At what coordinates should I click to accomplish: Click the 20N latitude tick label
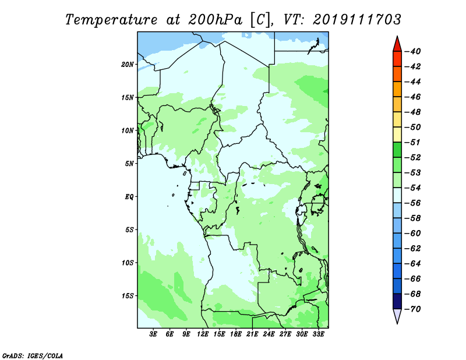pos(128,65)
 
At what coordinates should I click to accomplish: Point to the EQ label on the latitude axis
pos(129,197)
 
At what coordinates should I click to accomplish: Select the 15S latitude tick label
pos(128,296)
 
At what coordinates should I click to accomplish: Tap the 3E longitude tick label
pos(153,334)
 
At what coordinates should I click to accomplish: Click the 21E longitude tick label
pos(252,334)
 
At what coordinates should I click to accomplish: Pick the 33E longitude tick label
pos(318,334)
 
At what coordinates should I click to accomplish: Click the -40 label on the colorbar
pos(412,51)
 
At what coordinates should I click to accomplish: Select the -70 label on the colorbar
pos(412,309)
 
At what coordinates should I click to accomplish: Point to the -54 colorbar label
pos(412,188)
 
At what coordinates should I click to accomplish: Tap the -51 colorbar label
pos(412,142)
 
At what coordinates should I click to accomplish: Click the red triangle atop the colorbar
pos(397,44)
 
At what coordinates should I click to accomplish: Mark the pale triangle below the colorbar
pos(397,316)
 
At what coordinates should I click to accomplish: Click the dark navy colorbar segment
pos(397,301)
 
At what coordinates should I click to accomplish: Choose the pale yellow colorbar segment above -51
pos(397,135)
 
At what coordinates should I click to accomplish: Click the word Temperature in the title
pos(111,20)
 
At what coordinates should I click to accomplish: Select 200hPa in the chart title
pos(215,20)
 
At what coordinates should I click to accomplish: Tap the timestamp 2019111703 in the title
pos(356,20)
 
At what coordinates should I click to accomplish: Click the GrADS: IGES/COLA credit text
pos(33,355)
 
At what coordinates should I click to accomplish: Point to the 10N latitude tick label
pos(128,130)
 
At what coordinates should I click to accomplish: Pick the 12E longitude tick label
pos(202,334)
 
